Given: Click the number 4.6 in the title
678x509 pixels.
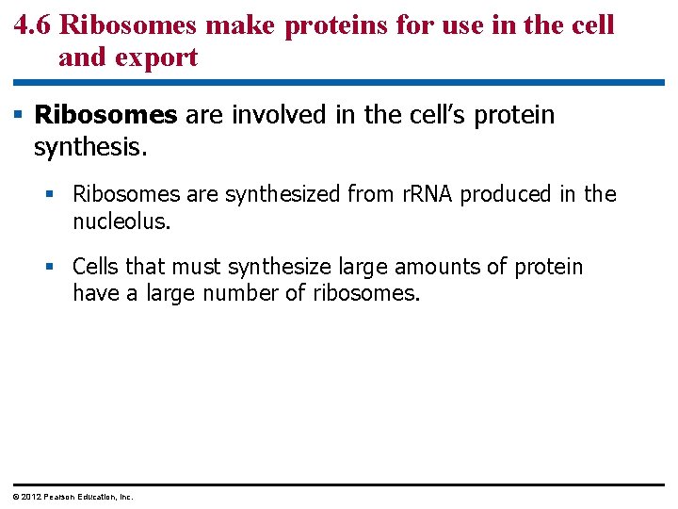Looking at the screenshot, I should click(33, 25).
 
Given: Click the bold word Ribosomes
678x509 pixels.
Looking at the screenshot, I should click(105, 115).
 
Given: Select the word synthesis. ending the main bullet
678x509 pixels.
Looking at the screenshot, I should click(87, 147).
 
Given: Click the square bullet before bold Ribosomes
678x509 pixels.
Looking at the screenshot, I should click(19, 115).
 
